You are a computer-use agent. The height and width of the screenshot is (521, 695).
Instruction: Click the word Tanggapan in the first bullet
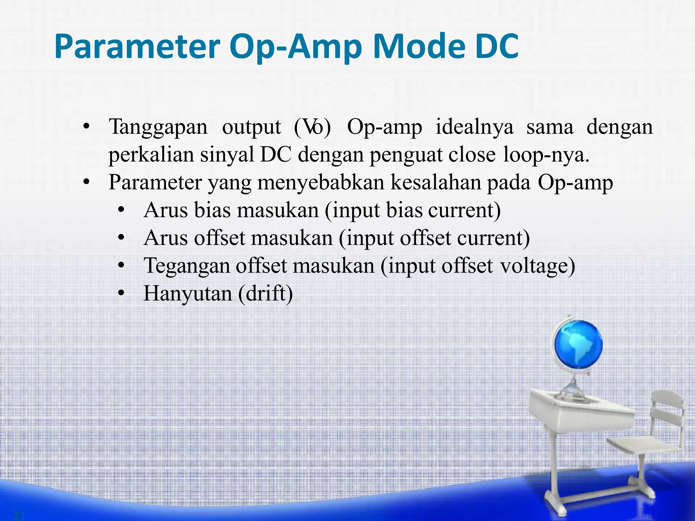158,128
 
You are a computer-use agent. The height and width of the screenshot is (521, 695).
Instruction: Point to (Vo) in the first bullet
312,128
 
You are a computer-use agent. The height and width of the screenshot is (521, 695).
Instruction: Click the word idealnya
474,128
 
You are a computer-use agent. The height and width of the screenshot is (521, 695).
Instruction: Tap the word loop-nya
546,155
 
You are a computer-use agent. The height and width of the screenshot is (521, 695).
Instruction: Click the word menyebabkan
322,183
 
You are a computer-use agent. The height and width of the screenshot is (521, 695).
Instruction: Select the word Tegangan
187,266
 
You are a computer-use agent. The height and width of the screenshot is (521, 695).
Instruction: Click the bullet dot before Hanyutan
121,294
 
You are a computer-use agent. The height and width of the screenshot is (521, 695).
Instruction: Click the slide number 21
19,516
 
